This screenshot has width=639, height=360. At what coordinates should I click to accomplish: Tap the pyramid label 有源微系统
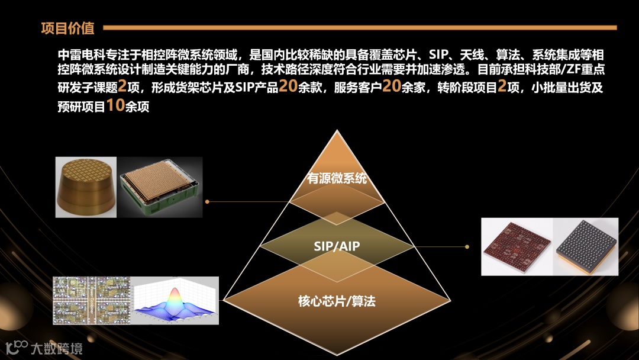337,178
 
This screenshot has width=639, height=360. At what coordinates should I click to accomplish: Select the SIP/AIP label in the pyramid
337,246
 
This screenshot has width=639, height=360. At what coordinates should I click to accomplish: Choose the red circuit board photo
517,247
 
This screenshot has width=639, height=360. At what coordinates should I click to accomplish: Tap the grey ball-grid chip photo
586,247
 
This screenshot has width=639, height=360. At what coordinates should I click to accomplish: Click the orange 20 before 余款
288,86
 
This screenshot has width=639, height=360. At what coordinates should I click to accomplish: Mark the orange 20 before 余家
392,86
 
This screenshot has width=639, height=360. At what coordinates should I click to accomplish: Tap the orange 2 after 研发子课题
122,86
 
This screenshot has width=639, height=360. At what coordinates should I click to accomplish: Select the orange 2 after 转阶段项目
502,86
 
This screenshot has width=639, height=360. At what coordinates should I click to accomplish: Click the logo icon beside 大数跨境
17,347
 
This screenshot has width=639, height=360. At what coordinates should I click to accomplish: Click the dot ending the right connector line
468,246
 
